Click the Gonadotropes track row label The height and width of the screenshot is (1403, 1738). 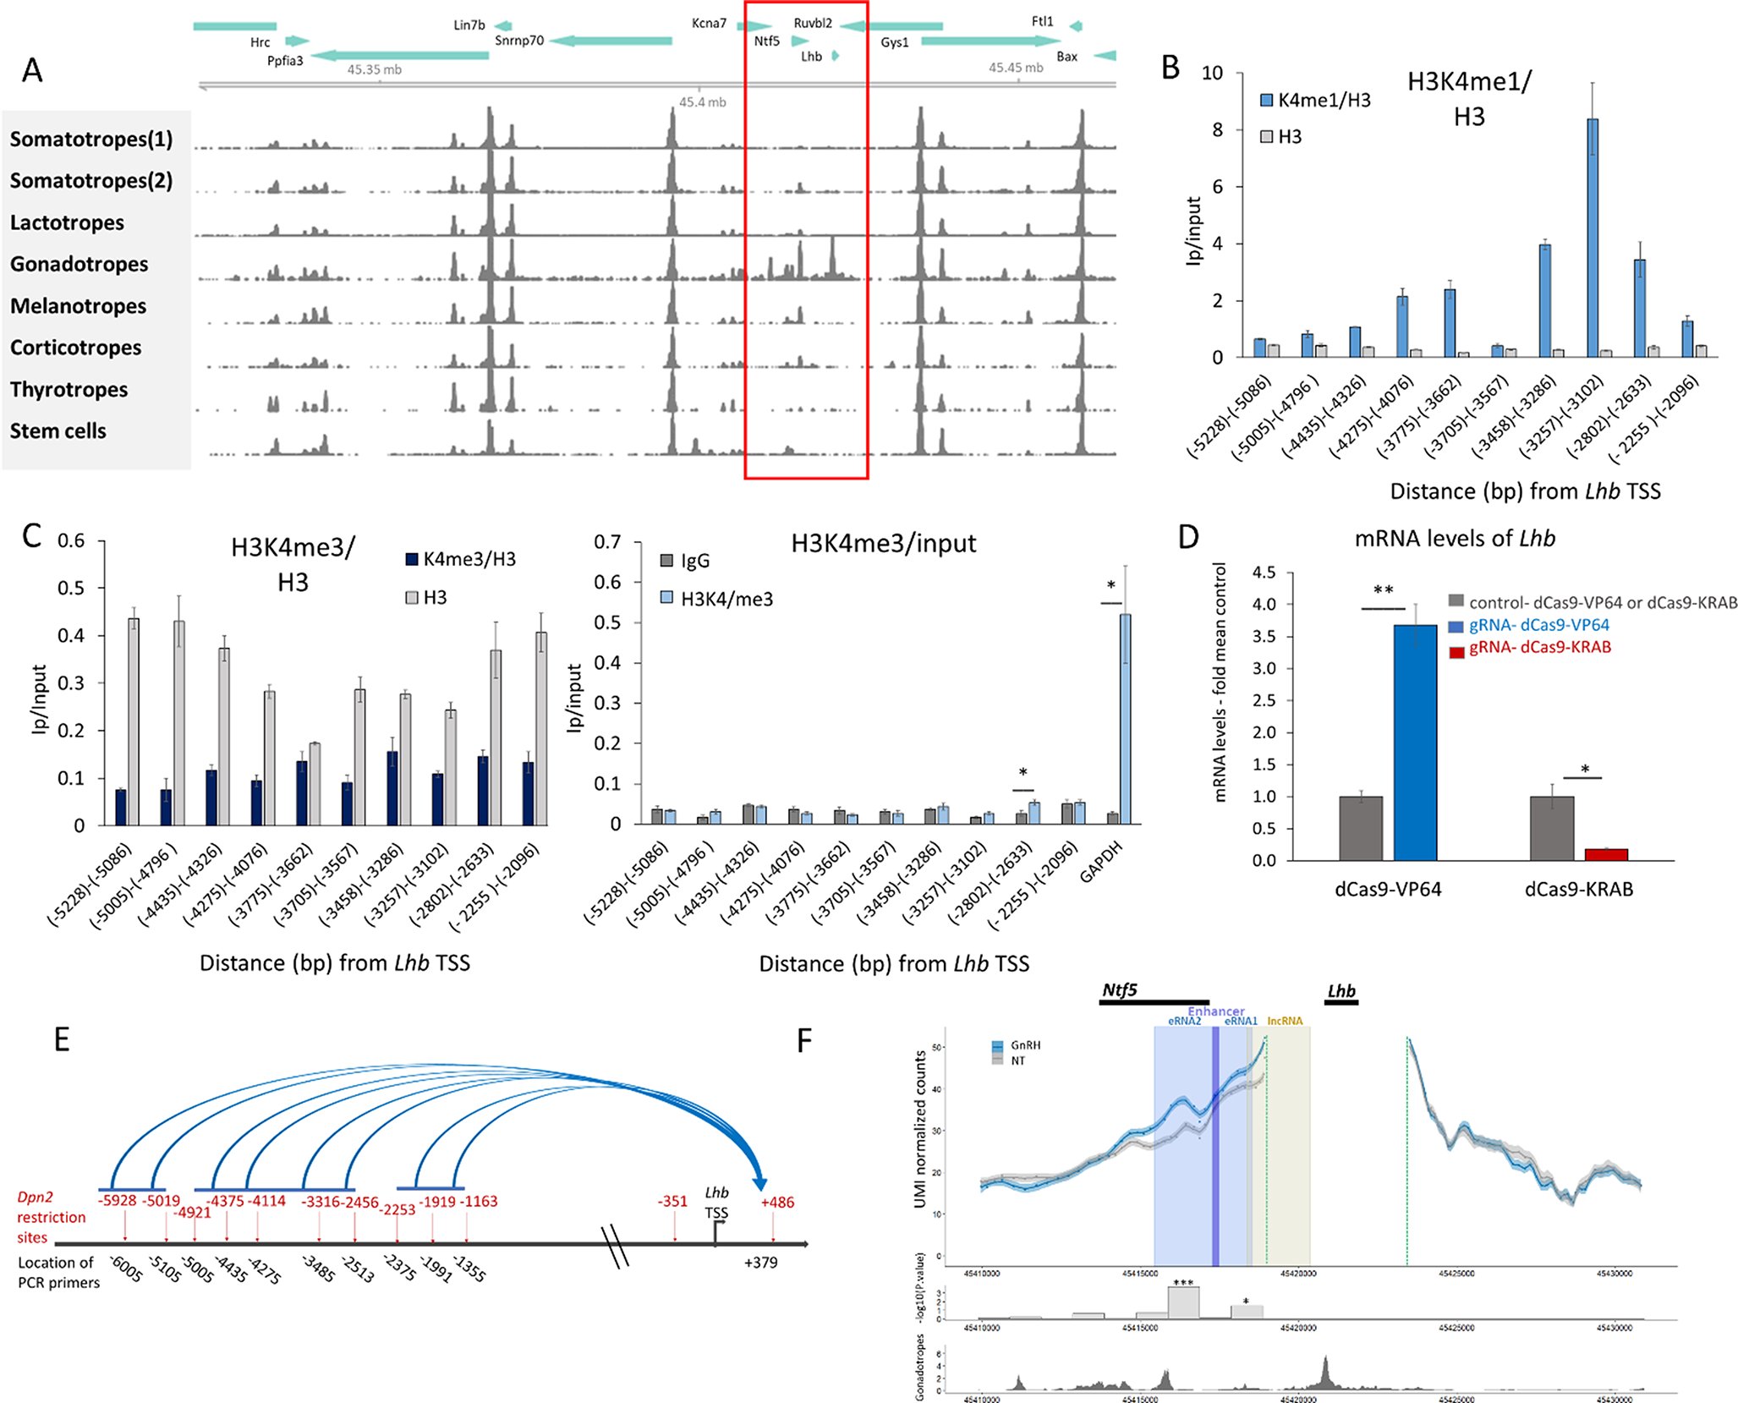tap(79, 264)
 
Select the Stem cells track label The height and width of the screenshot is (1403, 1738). tap(58, 430)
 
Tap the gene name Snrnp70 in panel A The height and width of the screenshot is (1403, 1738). tap(518, 41)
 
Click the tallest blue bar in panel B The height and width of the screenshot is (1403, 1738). tap(1592, 237)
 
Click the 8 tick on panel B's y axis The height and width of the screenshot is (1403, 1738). tap(1217, 129)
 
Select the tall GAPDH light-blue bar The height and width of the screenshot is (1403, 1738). tap(1125, 719)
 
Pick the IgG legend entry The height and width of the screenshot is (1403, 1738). tap(685, 561)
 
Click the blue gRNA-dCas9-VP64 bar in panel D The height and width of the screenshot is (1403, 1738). tap(1414, 743)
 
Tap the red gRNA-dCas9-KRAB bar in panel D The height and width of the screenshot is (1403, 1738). tap(1605, 854)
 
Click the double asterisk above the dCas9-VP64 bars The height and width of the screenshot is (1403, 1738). tap(1383, 590)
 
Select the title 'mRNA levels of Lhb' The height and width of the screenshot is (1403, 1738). tap(1454, 539)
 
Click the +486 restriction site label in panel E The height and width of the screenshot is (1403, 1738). tap(776, 1202)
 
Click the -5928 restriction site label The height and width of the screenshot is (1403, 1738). tap(117, 1200)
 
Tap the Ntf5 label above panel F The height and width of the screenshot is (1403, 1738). tap(1119, 989)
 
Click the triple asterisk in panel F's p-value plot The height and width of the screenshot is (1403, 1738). tap(1182, 1283)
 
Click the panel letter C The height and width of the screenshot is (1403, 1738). tap(31, 536)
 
